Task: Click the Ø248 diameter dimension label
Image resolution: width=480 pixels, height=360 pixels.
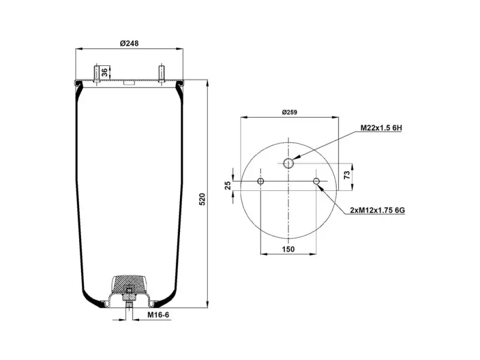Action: pos(129,43)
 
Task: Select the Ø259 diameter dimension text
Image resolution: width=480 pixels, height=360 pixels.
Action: pos(289,112)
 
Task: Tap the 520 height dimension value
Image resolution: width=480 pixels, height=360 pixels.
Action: pos(202,199)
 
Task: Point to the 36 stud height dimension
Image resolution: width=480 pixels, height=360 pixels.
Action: pos(104,73)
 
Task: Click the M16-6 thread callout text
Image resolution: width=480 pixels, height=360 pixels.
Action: pos(158,314)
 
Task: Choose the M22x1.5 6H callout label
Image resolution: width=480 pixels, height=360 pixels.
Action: pos(381,128)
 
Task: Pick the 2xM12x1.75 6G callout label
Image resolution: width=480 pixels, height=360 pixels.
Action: pos(377,211)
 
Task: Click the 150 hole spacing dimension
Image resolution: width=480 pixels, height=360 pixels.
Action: pos(288,249)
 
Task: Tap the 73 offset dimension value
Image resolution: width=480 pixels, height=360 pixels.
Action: pos(347,175)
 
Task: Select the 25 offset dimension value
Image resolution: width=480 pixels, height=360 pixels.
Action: pos(228,185)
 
